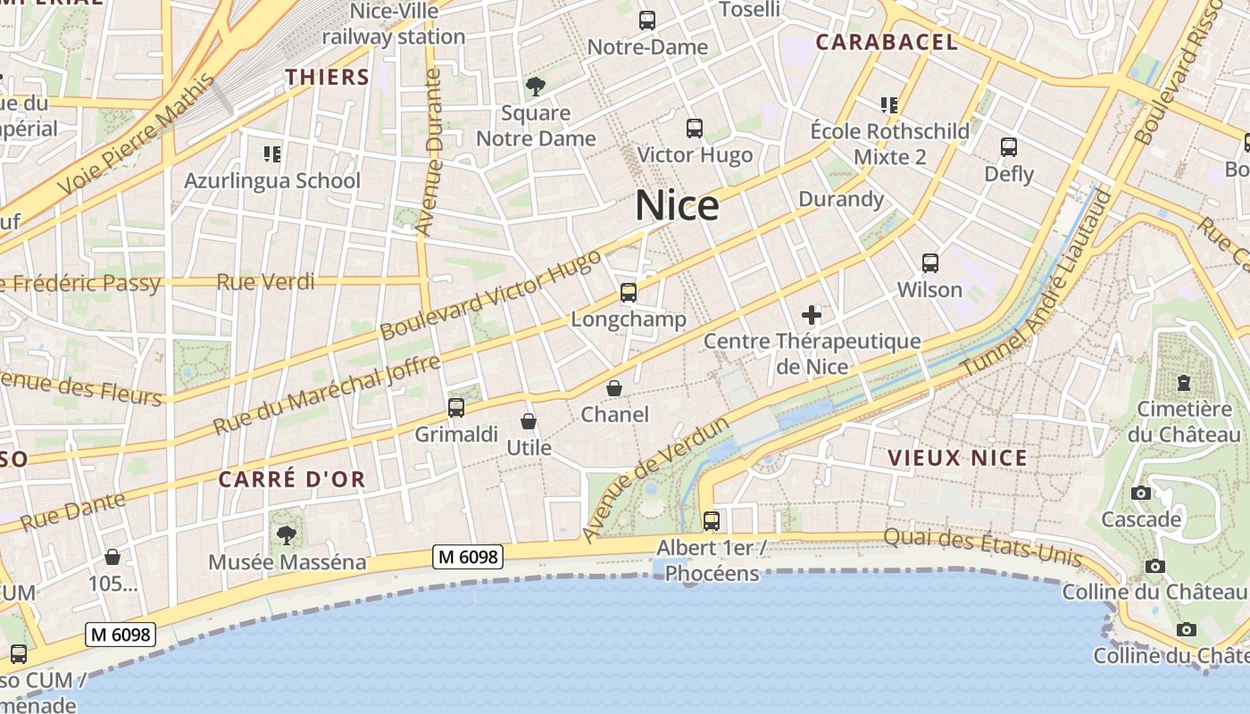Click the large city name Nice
click(x=677, y=206)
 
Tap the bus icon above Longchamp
click(x=629, y=293)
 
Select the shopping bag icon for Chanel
click(x=614, y=388)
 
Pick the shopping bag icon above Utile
click(x=529, y=421)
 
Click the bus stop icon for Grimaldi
click(x=456, y=408)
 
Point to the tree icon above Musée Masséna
click(x=287, y=535)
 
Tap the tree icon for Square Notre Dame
click(x=536, y=87)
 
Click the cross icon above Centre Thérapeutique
click(x=812, y=314)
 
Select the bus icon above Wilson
click(x=930, y=263)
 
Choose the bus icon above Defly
click(x=1009, y=147)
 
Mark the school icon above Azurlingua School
click(x=272, y=154)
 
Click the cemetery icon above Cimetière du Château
click(x=1184, y=383)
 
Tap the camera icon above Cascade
click(x=1140, y=494)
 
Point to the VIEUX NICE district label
click(x=957, y=459)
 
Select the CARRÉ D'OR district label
click(x=292, y=479)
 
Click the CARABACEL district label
click(x=886, y=42)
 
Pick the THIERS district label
click(x=327, y=78)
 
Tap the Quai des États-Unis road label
click(x=982, y=548)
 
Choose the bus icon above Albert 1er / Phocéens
click(x=712, y=520)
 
